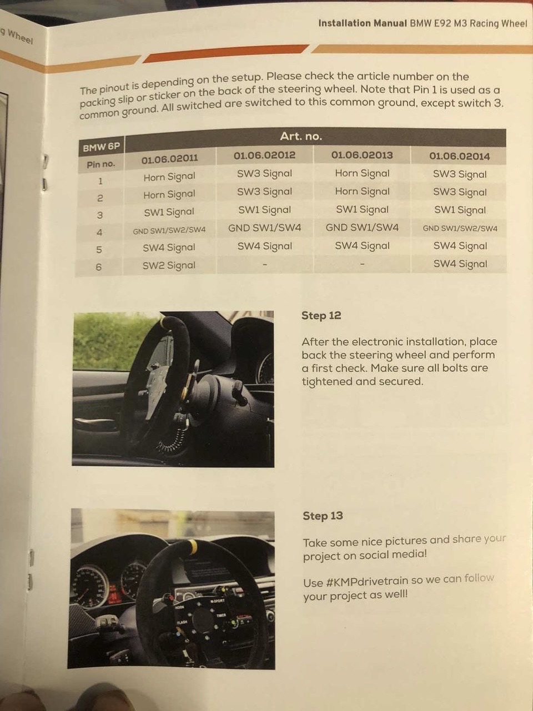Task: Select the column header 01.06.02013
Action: (x=362, y=155)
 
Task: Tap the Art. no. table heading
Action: (x=301, y=137)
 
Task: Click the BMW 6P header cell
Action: (x=101, y=148)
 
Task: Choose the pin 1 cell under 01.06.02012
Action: (x=264, y=174)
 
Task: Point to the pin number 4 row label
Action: (x=99, y=232)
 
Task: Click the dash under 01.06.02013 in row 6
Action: (x=362, y=264)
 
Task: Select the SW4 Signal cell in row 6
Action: (x=460, y=264)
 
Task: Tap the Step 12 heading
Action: (x=321, y=315)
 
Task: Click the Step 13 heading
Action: (x=323, y=516)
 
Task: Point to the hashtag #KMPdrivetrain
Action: (x=366, y=582)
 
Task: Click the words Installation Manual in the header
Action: (x=363, y=23)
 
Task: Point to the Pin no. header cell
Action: (x=100, y=164)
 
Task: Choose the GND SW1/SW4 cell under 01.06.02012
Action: (x=264, y=228)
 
